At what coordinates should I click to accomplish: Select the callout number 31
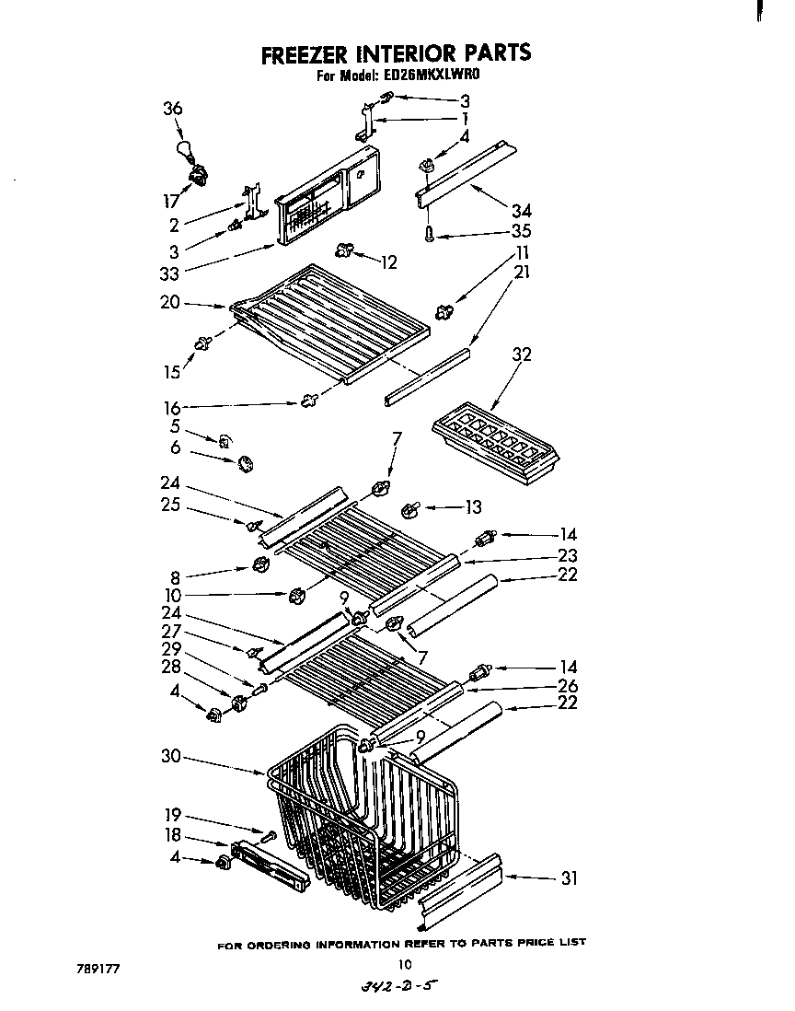tap(569, 878)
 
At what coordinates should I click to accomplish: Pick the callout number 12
tap(388, 263)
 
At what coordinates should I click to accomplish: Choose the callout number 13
tap(473, 506)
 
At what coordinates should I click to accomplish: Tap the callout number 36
tap(173, 109)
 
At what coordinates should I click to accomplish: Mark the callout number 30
tap(168, 758)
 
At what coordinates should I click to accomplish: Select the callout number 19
tap(172, 815)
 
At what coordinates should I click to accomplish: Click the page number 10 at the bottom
tap(403, 964)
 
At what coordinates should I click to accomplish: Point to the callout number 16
tap(172, 407)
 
